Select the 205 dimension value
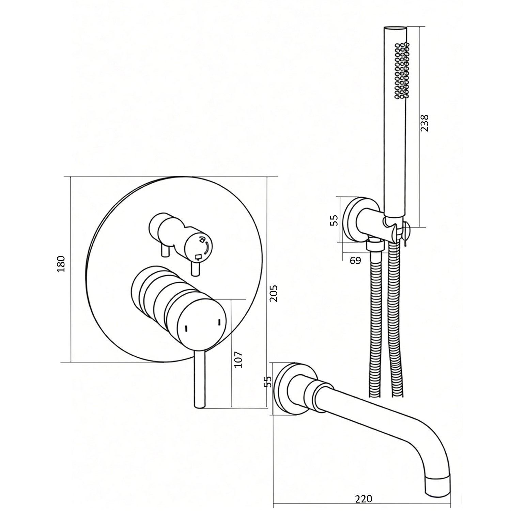click(x=274, y=293)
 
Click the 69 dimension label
click(x=355, y=261)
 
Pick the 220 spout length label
click(x=363, y=499)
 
